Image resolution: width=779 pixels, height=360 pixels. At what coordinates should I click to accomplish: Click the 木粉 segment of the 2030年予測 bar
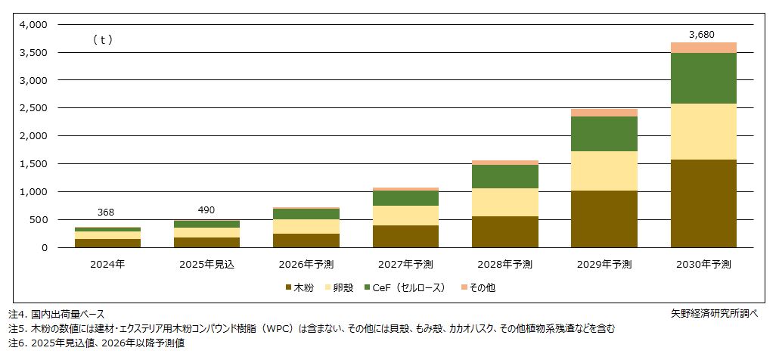[703, 203]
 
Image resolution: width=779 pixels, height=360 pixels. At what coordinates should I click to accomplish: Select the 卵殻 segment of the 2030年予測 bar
[703, 132]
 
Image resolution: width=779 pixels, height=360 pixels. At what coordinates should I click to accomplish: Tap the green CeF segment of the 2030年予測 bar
[703, 78]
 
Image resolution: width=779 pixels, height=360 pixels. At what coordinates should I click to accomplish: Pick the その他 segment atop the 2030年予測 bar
[703, 48]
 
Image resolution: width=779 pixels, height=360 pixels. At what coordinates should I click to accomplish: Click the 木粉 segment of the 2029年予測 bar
[604, 219]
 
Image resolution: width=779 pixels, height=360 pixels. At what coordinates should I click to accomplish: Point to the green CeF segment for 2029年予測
[604, 134]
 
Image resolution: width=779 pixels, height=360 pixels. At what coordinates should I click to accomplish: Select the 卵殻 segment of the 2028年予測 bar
[504, 202]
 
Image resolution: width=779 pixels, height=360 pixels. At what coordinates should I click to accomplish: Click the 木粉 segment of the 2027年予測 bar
[405, 236]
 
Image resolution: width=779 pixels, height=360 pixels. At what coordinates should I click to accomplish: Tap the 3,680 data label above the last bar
[703, 34]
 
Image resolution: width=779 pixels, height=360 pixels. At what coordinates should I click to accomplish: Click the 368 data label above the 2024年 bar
[107, 214]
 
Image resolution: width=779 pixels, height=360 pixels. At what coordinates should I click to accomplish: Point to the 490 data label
[206, 209]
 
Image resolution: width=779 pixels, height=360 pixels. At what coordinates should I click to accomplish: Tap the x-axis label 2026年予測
[306, 264]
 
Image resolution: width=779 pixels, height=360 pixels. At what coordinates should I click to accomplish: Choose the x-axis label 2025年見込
[206, 264]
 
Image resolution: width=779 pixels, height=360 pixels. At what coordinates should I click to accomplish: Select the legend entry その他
[481, 288]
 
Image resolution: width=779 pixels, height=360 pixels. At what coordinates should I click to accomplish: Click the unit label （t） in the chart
[102, 40]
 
